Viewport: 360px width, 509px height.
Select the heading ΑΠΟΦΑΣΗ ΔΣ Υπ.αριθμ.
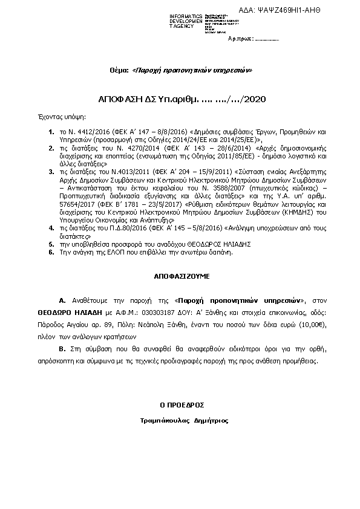(x=146, y=99)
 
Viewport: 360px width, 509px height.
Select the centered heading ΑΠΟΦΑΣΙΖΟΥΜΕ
(x=180, y=276)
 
